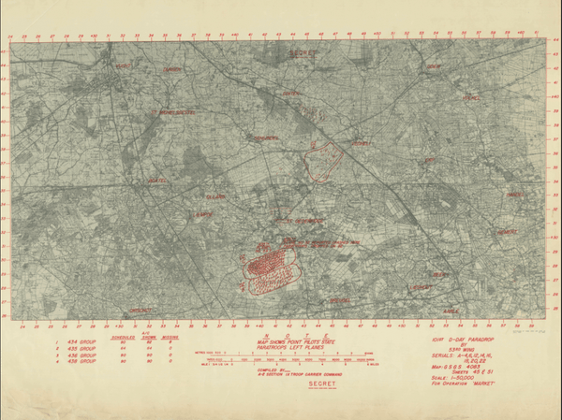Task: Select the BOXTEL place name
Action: click(157, 181)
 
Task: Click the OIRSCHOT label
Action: click(140, 310)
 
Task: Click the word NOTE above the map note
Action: click(281, 335)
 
